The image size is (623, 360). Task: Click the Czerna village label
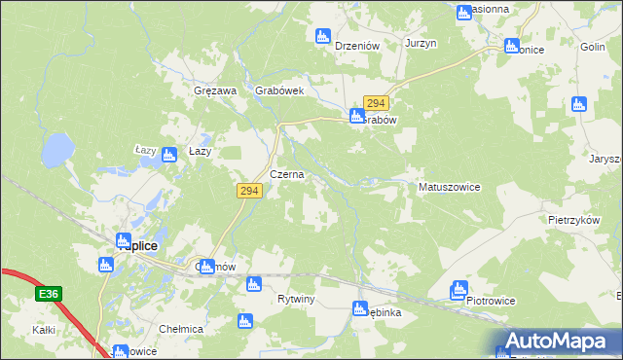[287, 175]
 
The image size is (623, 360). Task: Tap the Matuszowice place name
[449, 186]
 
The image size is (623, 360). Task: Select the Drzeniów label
[355, 46]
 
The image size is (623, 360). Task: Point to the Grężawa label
[215, 90]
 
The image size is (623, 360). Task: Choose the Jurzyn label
[421, 45]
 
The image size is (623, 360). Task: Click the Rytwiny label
[296, 299]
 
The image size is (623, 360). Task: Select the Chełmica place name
[183, 329]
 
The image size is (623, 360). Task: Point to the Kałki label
[43, 331]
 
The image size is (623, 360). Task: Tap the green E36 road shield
[49, 293]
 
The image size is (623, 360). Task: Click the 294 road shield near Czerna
[247, 192]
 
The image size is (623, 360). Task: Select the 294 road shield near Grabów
[377, 102]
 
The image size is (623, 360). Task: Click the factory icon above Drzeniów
[323, 37]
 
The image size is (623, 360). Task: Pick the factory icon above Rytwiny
[254, 284]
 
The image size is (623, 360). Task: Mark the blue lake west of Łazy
[56, 150]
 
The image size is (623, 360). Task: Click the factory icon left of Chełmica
[244, 320]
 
